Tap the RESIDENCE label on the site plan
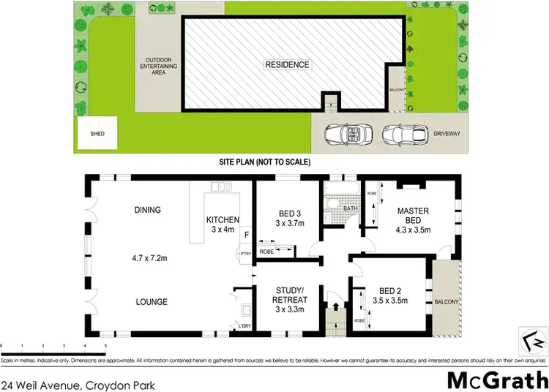click(x=287, y=64)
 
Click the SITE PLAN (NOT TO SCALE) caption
click(x=266, y=162)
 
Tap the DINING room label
click(x=147, y=211)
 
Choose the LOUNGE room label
click(x=152, y=302)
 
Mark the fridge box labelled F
click(x=246, y=235)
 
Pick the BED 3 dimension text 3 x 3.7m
click(x=283, y=223)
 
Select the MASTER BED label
click(x=413, y=216)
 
